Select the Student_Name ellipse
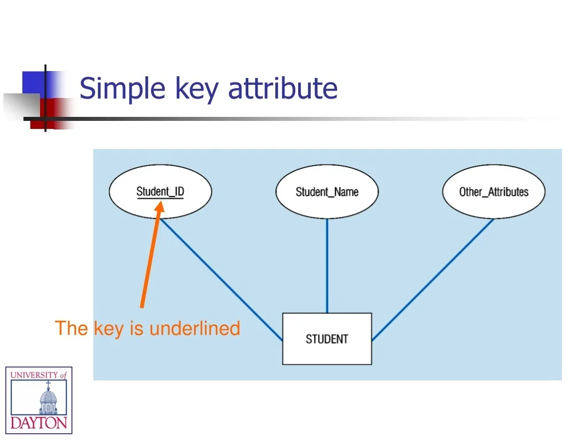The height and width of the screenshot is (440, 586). [x=327, y=191]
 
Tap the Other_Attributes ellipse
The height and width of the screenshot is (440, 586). [x=493, y=191]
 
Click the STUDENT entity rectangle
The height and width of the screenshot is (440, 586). [x=327, y=339]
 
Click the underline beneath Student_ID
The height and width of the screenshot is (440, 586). [x=160, y=199]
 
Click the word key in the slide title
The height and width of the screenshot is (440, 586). [x=197, y=89]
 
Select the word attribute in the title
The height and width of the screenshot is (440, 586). [x=283, y=89]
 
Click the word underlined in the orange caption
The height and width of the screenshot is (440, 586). [x=195, y=328]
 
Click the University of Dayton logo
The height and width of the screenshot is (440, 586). [x=39, y=400]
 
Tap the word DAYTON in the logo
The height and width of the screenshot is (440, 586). [x=39, y=423]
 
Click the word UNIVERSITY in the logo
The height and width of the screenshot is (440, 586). [x=34, y=375]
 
